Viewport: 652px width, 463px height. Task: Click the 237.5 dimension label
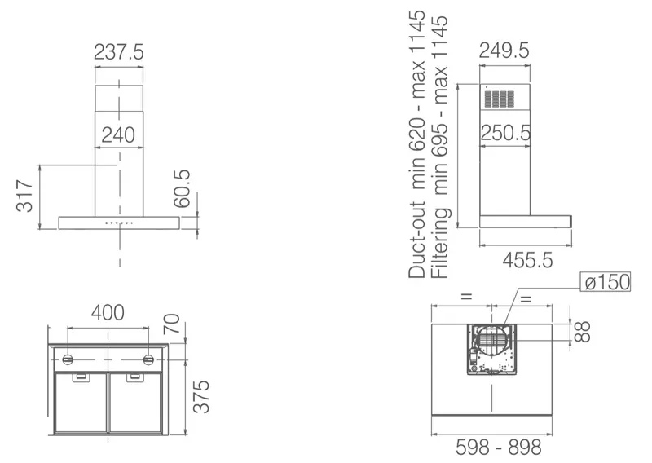coord(119,52)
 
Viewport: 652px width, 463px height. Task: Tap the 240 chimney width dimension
coord(118,134)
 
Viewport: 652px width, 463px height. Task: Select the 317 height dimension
coord(24,196)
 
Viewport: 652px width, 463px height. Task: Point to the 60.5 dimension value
coord(182,188)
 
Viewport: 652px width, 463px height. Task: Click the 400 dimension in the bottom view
coord(108,313)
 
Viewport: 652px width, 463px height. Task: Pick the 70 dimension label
coord(172,324)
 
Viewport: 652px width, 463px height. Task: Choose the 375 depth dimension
coord(201,396)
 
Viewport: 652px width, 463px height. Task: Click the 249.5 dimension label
coord(504,51)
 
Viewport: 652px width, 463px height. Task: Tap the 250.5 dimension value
coord(505,133)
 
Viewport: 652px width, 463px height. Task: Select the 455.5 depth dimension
coord(527,261)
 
